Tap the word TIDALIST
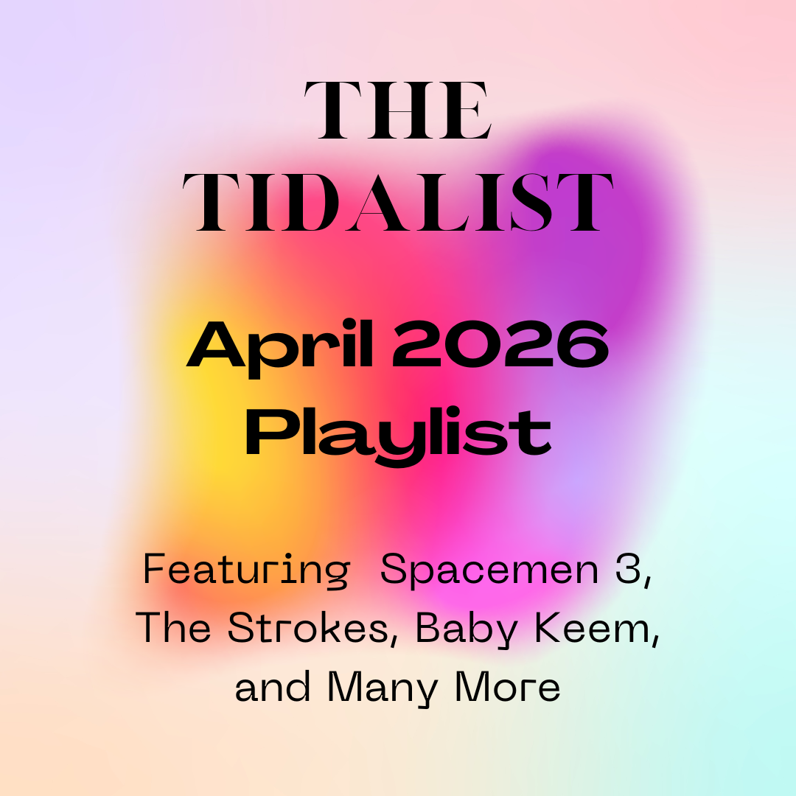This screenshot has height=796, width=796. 398,203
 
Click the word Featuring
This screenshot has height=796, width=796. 245,572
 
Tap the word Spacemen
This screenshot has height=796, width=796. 489,570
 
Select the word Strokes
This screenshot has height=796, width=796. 310,628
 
